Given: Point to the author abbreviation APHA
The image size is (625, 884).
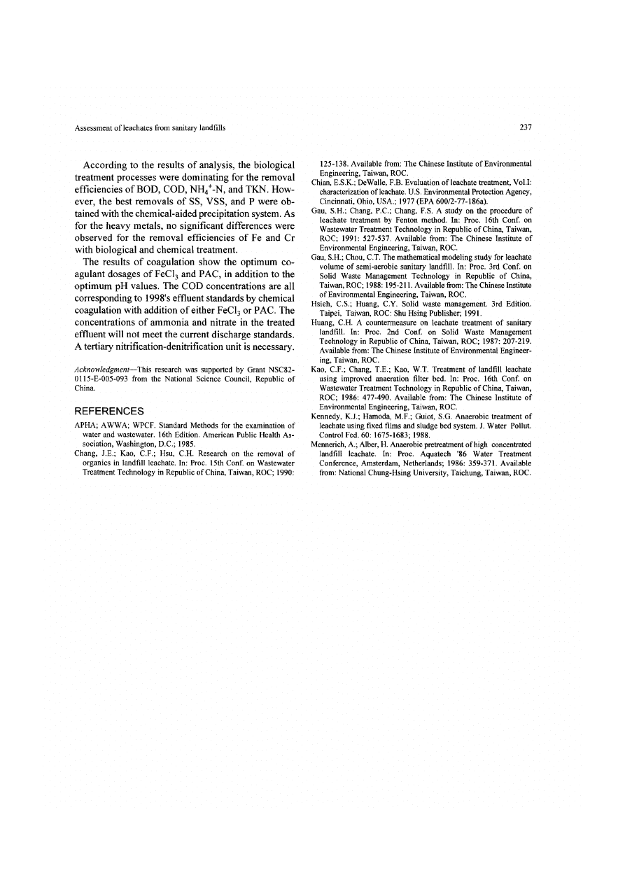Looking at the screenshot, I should click(x=85, y=425).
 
